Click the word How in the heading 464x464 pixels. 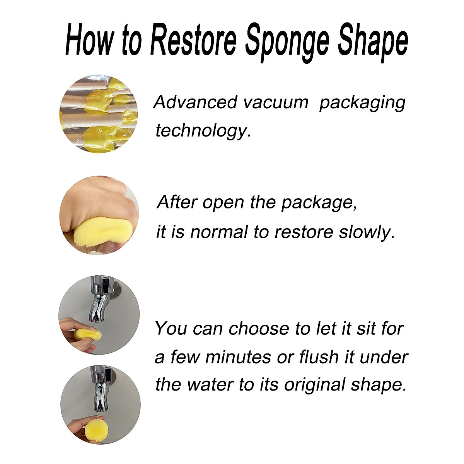(89, 40)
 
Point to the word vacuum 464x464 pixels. (275, 102)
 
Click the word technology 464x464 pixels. (203, 131)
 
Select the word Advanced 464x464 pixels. (195, 102)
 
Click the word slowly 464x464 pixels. (367, 232)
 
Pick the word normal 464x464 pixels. (218, 233)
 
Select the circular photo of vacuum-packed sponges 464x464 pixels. (99, 114)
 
